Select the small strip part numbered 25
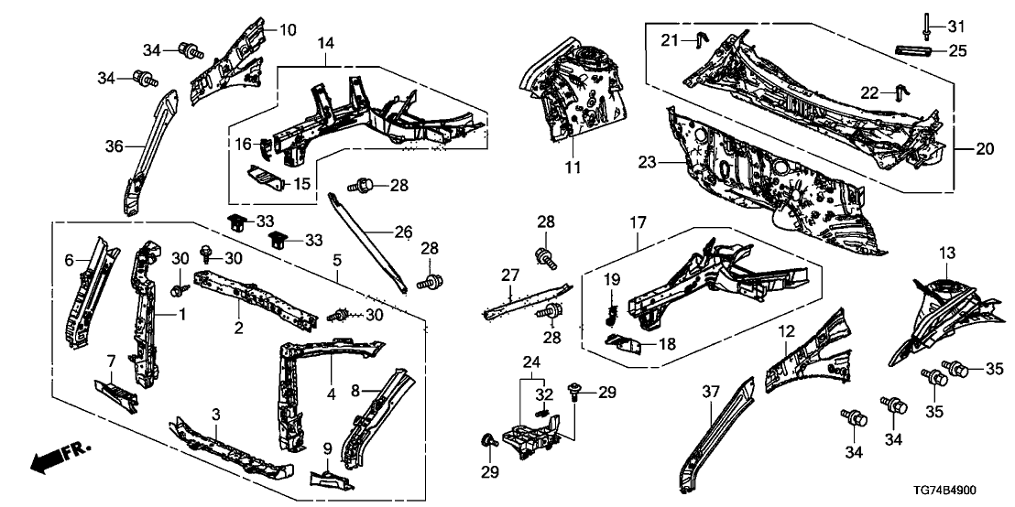click(917, 51)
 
